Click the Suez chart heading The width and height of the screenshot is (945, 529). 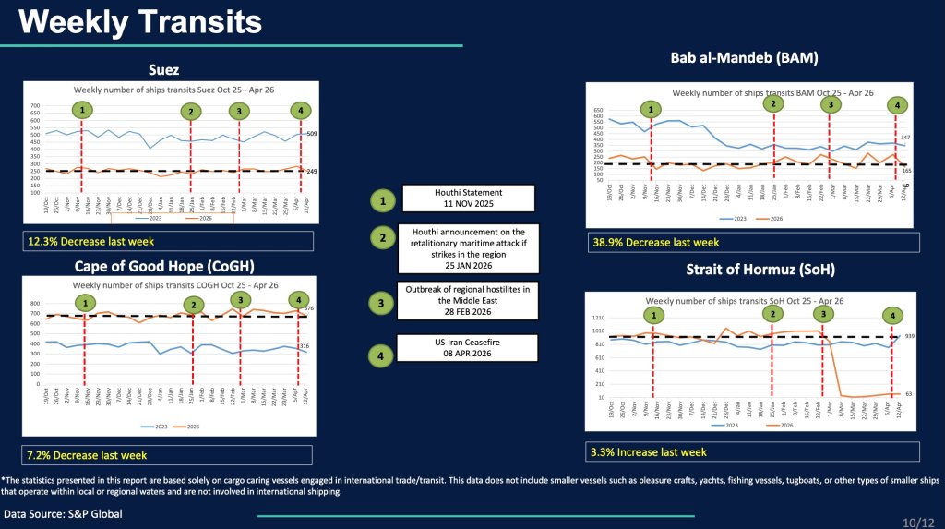[163, 69]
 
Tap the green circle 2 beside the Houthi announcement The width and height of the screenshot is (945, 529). [381, 237]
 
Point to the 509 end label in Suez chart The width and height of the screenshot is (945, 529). [312, 134]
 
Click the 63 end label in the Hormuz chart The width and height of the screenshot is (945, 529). [908, 394]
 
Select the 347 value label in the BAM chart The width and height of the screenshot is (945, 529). [905, 137]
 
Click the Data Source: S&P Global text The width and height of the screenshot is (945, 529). [63, 513]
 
